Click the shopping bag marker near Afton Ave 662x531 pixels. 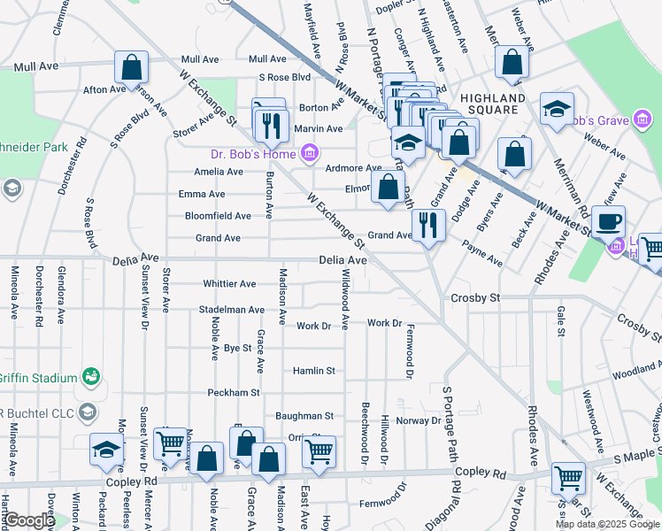131,66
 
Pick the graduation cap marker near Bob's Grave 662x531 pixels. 557,110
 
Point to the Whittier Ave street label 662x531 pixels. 229,284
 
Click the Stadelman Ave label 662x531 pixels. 233,311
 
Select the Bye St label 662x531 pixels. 237,349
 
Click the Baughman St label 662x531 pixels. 304,415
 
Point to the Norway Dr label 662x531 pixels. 418,420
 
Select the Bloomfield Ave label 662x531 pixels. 218,216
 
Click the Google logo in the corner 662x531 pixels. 28,521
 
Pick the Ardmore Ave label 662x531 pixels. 353,167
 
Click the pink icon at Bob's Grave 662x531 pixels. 638,121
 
